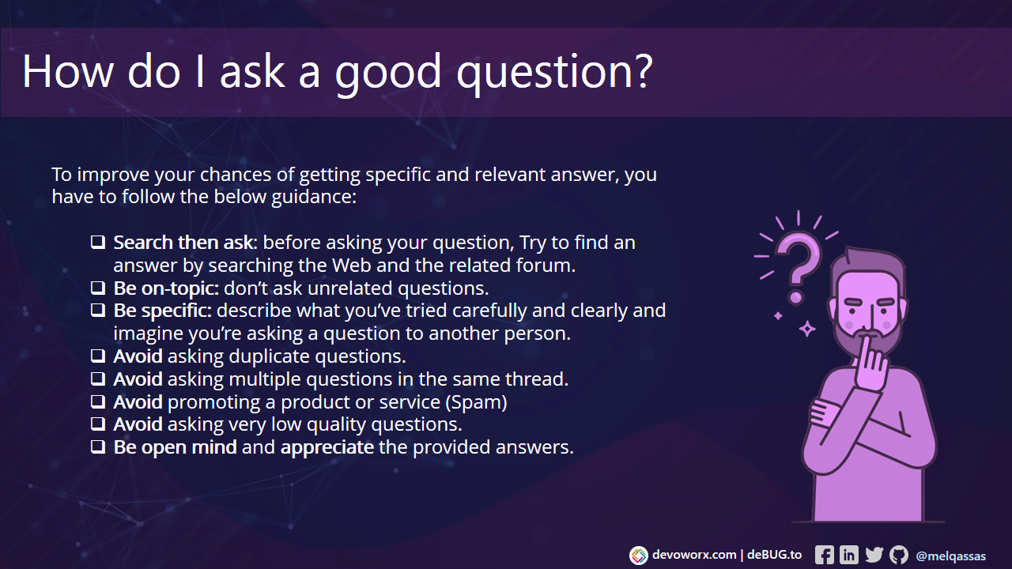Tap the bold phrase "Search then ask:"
(x=186, y=243)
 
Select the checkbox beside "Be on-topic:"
(x=98, y=288)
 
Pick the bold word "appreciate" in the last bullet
(x=327, y=447)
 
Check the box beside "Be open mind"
(x=98, y=447)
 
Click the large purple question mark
(x=797, y=261)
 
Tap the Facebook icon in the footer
(x=824, y=555)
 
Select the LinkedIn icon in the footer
(x=848, y=555)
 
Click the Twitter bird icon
(x=874, y=555)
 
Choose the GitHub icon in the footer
(x=898, y=555)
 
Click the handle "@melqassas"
(x=950, y=556)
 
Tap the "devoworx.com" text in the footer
(x=693, y=555)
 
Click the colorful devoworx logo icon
(x=638, y=556)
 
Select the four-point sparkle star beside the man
(x=806, y=328)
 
